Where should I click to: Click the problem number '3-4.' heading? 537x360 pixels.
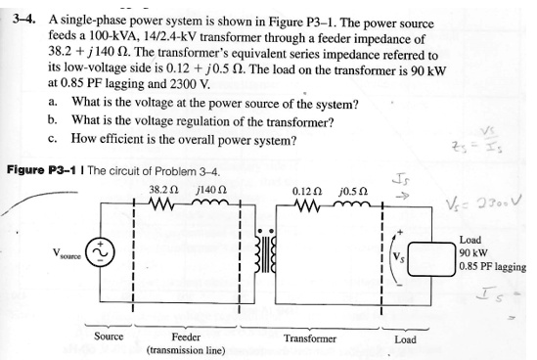pos(22,20)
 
